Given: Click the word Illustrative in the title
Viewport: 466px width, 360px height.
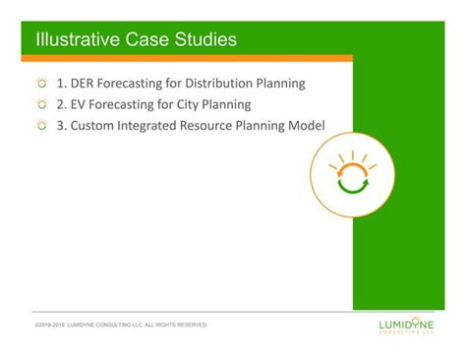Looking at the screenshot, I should click(x=74, y=40).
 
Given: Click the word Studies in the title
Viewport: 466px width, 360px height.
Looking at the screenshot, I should click(x=202, y=40).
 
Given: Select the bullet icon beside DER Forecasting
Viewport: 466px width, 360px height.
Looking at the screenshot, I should click(x=41, y=84).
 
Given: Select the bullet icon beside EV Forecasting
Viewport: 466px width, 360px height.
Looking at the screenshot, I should click(x=41, y=104).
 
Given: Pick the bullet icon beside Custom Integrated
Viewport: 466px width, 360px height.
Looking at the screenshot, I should click(x=41, y=125).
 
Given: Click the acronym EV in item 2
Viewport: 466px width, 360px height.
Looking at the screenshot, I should click(x=80, y=104).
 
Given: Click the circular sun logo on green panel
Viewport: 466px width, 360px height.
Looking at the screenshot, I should click(x=352, y=174).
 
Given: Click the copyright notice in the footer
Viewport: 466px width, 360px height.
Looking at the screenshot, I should click(x=120, y=325).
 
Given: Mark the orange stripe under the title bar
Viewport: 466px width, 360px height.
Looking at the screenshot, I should click(x=187, y=59).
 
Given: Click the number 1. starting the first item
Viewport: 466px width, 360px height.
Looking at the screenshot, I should click(x=62, y=84).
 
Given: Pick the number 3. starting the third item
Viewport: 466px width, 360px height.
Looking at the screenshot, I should click(x=62, y=125).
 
